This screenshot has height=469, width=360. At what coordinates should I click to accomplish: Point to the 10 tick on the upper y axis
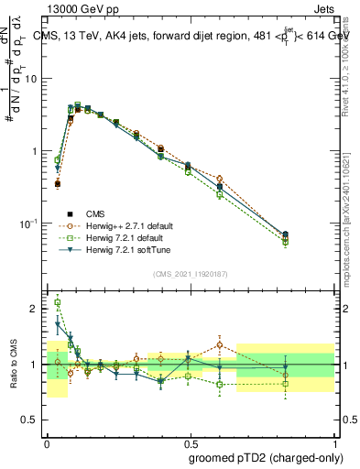coord(34,78)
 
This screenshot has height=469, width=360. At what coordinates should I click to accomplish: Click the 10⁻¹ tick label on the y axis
coord(30,223)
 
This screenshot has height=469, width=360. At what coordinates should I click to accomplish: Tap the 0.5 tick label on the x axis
coord(191,442)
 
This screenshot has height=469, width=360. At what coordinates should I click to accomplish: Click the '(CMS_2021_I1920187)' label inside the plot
coord(190,272)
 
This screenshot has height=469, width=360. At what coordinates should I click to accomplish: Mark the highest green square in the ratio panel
coord(58,302)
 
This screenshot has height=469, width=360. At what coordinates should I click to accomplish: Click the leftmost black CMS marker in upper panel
coord(58,183)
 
